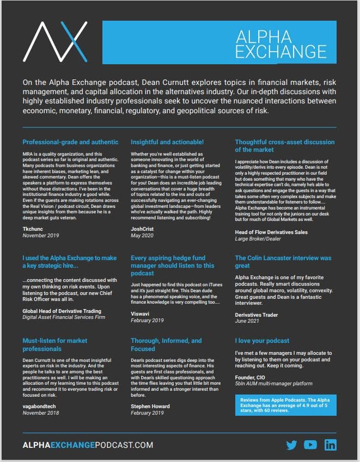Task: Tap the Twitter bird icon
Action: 291,445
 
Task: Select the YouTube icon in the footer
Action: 310,445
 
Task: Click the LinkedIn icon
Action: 330,445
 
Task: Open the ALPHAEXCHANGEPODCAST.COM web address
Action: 88,445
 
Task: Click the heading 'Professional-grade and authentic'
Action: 70,142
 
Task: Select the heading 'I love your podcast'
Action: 262,341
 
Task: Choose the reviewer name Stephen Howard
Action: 150,406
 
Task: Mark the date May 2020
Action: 143,237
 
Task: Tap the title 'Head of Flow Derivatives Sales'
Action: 271,232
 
